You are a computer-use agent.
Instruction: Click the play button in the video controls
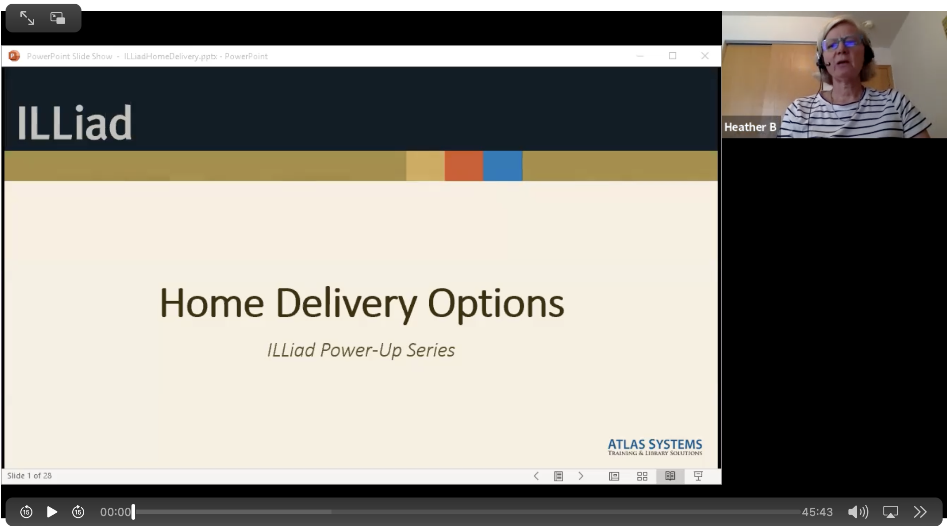point(52,512)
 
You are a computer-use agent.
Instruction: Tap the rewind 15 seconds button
point(26,512)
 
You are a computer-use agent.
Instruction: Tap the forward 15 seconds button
point(78,512)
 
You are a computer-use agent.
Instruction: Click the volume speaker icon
point(857,512)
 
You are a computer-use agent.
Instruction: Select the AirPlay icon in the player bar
point(890,512)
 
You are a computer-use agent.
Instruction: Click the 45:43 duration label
point(817,512)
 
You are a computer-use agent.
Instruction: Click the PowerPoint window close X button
point(705,56)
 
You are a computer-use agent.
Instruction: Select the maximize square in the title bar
point(672,56)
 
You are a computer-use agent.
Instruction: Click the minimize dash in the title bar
point(640,56)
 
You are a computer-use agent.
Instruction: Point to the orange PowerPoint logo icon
point(14,56)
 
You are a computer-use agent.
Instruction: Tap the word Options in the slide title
point(495,303)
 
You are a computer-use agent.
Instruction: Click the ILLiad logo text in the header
point(75,122)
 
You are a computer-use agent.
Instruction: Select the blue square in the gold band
point(503,166)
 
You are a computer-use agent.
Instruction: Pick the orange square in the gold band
point(464,166)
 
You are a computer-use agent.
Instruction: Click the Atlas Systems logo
point(655,447)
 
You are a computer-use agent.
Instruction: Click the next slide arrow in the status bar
point(581,476)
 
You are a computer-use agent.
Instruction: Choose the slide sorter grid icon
point(642,476)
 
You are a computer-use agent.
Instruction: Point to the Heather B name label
point(750,127)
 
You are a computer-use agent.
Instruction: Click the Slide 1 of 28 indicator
point(30,476)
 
